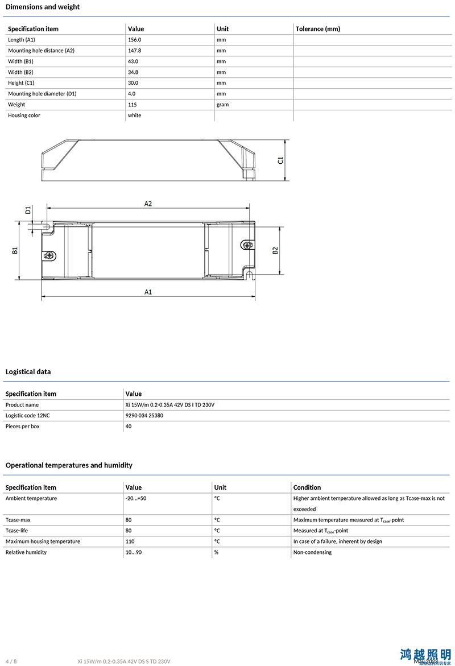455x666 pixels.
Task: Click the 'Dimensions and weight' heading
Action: [x=43, y=7]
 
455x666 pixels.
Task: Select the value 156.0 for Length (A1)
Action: [x=134, y=40]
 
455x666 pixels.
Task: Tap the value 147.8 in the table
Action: [x=134, y=51]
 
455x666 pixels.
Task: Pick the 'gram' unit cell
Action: [x=222, y=105]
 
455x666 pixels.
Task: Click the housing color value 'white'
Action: [x=134, y=115]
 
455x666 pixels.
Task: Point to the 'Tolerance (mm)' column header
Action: [x=317, y=29]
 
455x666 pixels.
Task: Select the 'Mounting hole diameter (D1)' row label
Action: [x=42, y=94]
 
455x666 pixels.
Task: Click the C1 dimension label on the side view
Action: [x=280, y=160]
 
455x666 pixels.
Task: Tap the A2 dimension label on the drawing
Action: [x=148, y=204]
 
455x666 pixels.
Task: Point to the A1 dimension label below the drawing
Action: [x=148, y=292]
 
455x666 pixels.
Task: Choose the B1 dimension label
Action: [x=15, y=250]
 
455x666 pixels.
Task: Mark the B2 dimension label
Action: [x=275, y=250]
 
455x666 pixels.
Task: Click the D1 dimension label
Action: [x=28, y=210]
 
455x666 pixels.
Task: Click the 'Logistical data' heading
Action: [x=28, y=372]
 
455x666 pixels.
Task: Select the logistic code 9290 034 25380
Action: [x=144, y=416]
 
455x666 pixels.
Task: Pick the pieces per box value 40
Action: [x=129, y=427]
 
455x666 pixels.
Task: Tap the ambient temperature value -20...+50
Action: [x=136, y=498]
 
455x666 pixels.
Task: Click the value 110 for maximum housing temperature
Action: [x=130, y=541]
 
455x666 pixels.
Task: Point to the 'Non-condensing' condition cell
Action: [x=312, y=552]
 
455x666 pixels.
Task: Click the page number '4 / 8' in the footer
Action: [x=11, y=661]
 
